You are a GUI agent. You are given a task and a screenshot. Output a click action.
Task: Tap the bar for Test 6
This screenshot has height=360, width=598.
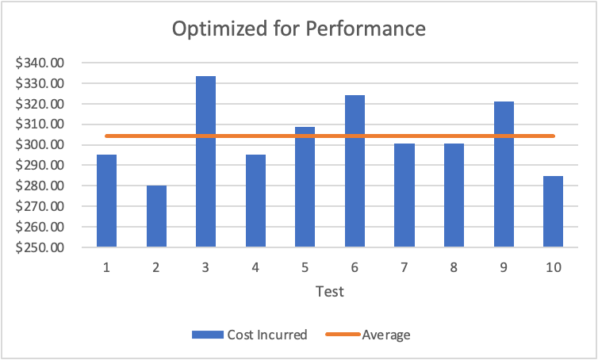point(355,171)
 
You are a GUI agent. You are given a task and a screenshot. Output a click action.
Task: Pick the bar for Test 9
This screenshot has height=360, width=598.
point(504,174)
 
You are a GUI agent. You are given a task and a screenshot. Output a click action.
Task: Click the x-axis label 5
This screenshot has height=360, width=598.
point(305,267)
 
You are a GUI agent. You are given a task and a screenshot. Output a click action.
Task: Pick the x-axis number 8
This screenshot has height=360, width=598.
point(454,267)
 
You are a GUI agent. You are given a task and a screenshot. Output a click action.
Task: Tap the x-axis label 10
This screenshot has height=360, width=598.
point(553,267)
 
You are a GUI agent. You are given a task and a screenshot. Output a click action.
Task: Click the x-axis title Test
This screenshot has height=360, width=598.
point(329,291)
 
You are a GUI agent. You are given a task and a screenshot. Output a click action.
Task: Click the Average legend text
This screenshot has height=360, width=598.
point(385,335)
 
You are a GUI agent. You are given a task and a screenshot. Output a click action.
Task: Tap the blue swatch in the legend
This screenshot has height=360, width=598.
point(207,335)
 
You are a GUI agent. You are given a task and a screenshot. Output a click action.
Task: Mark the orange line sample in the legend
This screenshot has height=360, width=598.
point(343,335)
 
